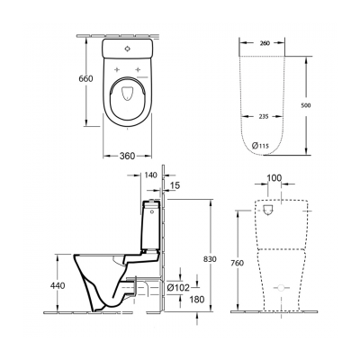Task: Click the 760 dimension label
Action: pos(236,263)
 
